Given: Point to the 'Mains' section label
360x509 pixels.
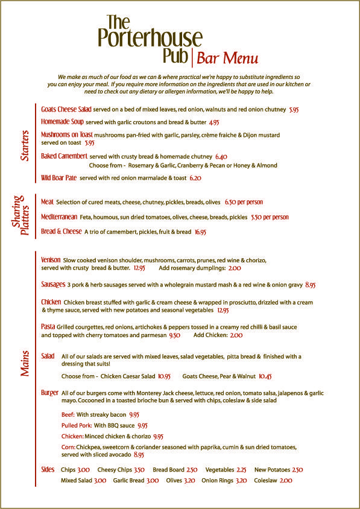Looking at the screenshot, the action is [x=25, y=363].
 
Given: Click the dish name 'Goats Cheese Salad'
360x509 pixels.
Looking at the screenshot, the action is [x=66, y=110].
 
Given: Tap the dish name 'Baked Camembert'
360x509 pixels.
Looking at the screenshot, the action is [x=64, y=156].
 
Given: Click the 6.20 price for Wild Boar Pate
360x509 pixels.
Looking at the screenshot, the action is [x=195, y=179].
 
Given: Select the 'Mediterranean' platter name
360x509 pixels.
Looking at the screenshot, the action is [x=59, y=217].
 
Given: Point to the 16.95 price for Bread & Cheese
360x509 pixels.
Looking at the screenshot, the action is [x=200, y=232].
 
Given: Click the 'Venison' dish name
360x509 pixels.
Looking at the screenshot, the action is [x=51, y=260].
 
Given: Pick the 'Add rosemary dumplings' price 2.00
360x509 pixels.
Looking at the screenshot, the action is [x=235, y=268].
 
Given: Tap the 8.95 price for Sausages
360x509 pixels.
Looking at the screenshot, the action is [x=311, y=284].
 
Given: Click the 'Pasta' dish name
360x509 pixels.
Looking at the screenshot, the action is [x=48, y=326].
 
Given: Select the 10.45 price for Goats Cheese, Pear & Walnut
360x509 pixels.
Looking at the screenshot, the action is [x=265, y=376].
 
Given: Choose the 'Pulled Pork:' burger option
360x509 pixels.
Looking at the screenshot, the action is [x=77, y=425].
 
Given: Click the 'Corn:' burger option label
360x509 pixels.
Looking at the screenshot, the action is [x=68, y=447].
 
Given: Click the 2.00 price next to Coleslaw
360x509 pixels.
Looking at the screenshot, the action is [x=286, y=481].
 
